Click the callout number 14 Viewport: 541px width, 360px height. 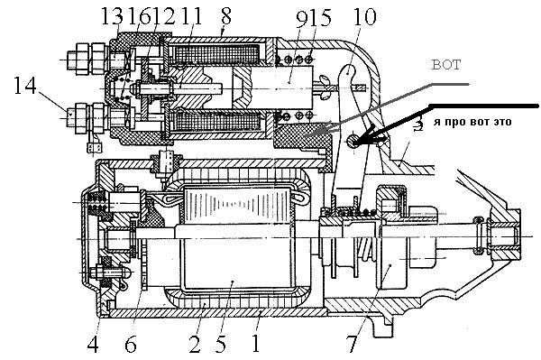(x=25, y=85)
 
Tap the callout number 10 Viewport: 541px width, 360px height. (x=365, y=16)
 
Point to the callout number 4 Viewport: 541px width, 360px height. (x=93, y=344)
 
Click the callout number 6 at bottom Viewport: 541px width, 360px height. (x=131, y=344)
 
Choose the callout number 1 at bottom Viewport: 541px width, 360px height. (x=255, y=344)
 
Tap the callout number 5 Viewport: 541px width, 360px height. (x=220, y=344)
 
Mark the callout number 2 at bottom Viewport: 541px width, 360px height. (x=196, y=344)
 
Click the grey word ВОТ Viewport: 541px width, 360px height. (x=446, y=65)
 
